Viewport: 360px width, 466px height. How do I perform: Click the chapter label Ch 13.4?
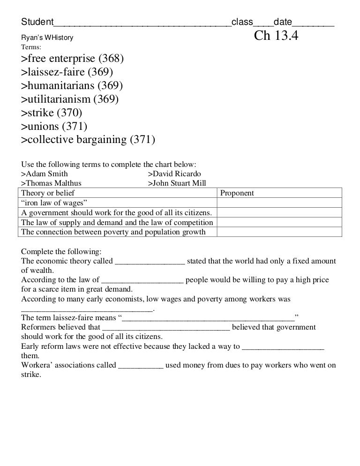276,36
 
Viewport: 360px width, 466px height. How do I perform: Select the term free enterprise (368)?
73,59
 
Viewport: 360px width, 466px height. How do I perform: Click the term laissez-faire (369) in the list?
67,72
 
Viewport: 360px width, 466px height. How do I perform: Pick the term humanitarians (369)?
72,86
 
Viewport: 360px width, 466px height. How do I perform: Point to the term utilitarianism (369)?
70,99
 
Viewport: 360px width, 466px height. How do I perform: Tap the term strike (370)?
52,113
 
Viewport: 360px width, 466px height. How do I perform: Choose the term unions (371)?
54,127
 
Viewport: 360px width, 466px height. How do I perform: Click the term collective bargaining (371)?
88,140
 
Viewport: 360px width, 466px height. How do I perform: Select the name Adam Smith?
45,174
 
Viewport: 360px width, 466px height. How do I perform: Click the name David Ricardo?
174,174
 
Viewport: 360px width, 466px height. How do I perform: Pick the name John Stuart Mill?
177,183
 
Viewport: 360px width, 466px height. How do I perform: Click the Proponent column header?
237,193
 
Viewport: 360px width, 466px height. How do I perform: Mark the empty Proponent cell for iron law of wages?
279,203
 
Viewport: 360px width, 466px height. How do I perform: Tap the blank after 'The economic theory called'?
150,261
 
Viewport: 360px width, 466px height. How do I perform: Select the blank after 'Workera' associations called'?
141,366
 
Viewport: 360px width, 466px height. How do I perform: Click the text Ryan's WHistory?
47,38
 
